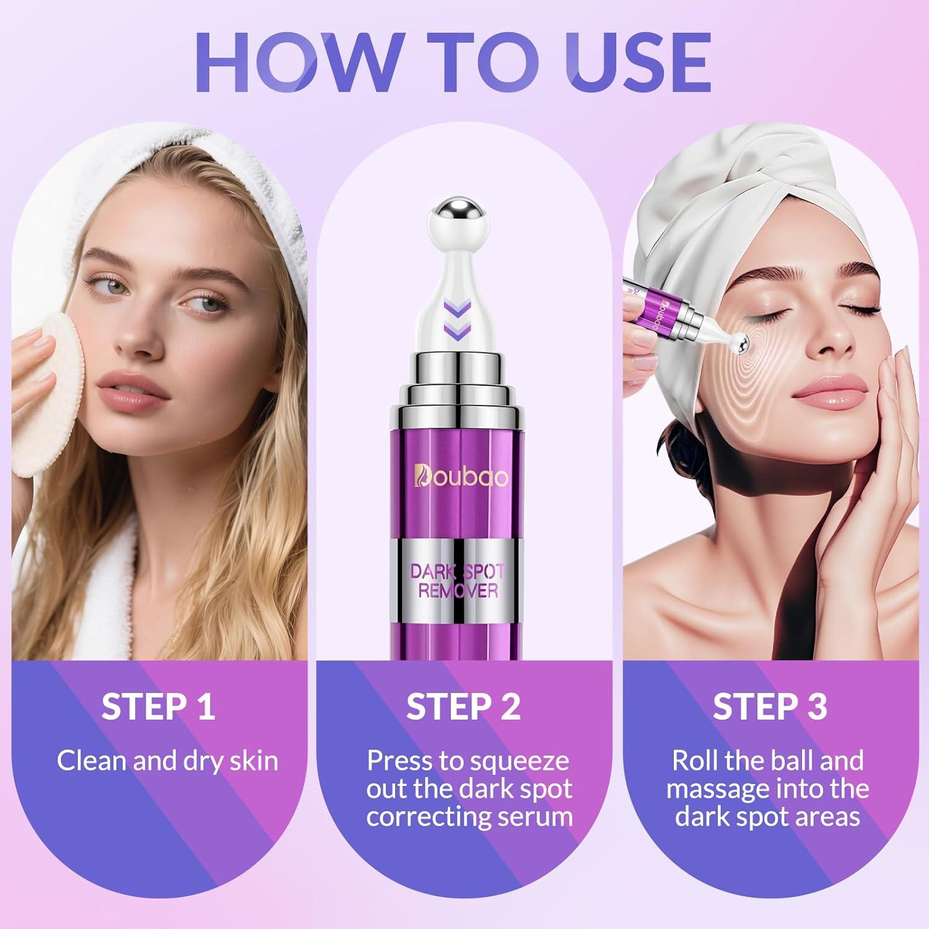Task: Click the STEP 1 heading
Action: coord(159,707)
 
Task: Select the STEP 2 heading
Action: coord(463,707)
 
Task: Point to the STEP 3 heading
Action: coord(769,707)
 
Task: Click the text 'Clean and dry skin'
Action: coord(167,761)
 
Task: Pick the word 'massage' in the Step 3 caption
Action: coord(716,789)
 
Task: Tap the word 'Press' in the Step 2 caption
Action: coord(399,761)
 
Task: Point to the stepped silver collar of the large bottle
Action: coord(458,378)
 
